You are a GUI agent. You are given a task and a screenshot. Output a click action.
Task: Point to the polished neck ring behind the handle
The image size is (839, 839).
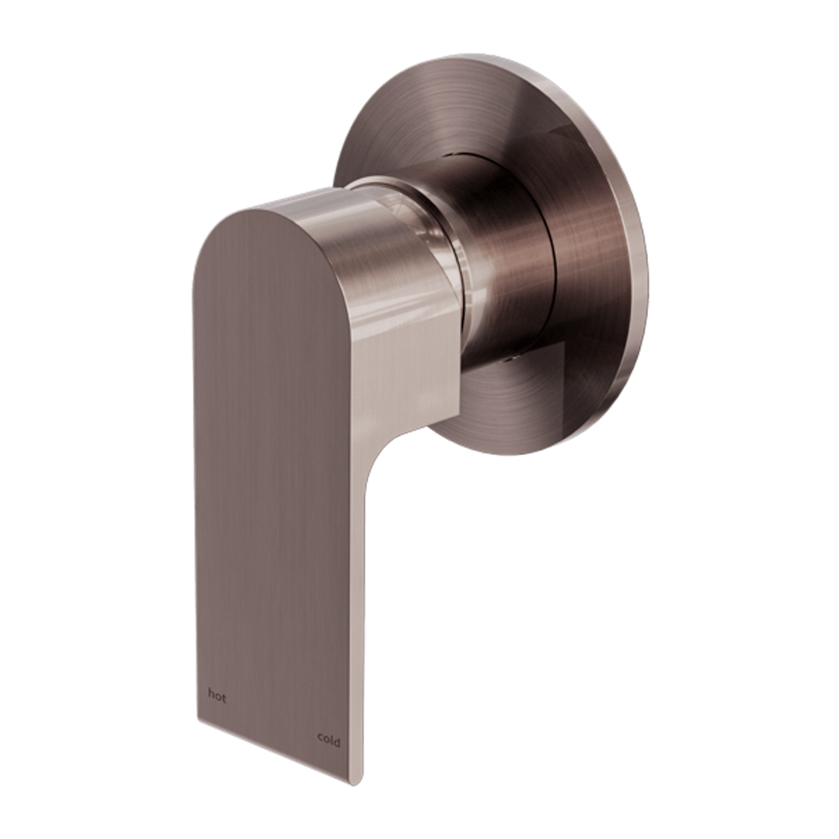[441, 260]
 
